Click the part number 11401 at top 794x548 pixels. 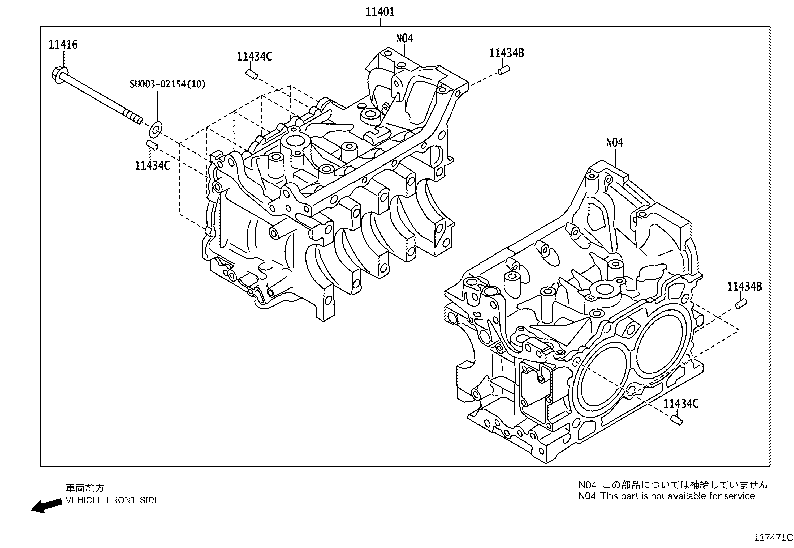point(380,11)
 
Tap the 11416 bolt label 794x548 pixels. point(63,45)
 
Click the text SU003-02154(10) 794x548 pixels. point(167,84)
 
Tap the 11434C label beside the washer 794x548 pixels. point(152,165)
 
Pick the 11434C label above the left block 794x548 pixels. point(254,57)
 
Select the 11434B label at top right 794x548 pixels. point(506,53)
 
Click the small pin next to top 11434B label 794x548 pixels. point(503,72)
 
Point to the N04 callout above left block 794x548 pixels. point(404,38)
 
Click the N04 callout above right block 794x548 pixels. point(614,142)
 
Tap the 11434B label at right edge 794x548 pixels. point(744,286)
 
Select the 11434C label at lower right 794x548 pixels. point(681,404)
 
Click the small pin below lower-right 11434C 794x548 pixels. point(676,420)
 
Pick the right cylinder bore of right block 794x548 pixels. point(662,344)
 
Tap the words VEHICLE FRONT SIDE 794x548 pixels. point(112,500)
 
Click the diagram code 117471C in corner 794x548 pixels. point(773,538)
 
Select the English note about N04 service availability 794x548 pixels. point(666,496)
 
